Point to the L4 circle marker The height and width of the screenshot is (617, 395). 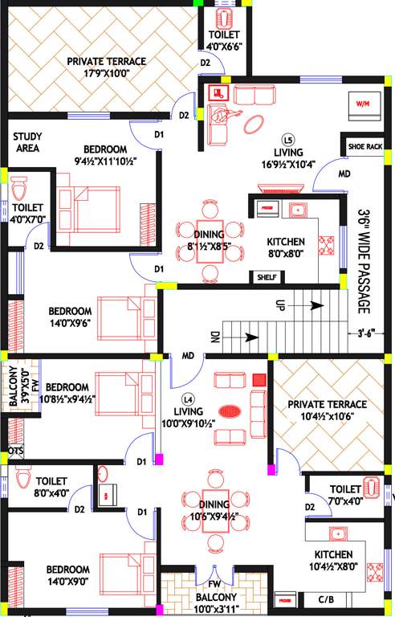point(188,398)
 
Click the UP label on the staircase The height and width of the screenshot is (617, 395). point(280,305)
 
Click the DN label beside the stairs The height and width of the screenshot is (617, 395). point(214,338)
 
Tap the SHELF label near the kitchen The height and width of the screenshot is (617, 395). point(265,277)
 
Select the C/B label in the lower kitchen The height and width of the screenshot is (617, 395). point(325,599)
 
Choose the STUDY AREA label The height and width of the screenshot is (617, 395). point(27,142)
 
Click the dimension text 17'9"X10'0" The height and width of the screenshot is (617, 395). point(106,73)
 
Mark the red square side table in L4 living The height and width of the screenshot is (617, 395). point(259,379)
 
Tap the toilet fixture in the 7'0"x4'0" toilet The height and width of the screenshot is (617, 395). point(372,488)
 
